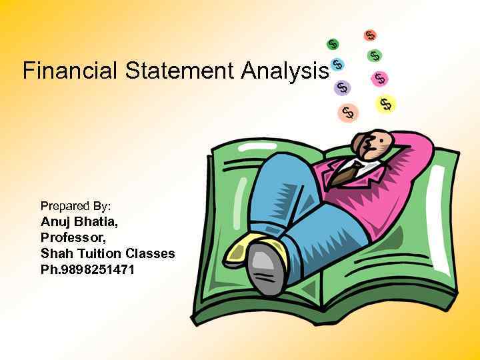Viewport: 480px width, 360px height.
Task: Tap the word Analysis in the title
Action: pyautogui.click(x=286, y=70)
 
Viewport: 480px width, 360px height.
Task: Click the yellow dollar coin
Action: pyautogui.click(x=385, y=103)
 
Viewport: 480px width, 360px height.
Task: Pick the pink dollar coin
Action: pyautogui.click(x=380, y=78)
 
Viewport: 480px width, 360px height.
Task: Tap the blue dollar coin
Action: pyautogui.click(x=337, y=64)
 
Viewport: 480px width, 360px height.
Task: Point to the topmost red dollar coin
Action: pyautogui.click(x=369, y=35)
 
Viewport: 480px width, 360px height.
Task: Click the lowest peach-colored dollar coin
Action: pyautogui.click(x=347, y=112)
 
